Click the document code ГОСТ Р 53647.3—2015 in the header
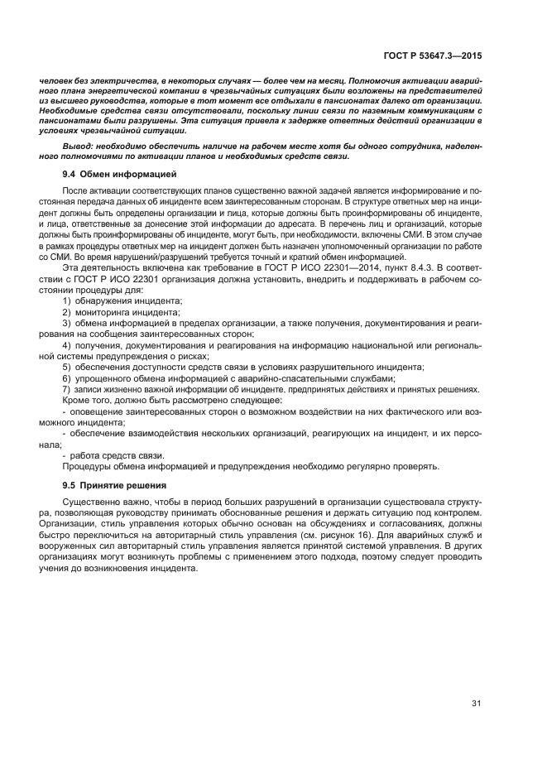point(443,55)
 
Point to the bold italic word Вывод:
point(78,146)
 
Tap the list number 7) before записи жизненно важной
point(67,389)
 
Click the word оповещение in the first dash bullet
point(99,411)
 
